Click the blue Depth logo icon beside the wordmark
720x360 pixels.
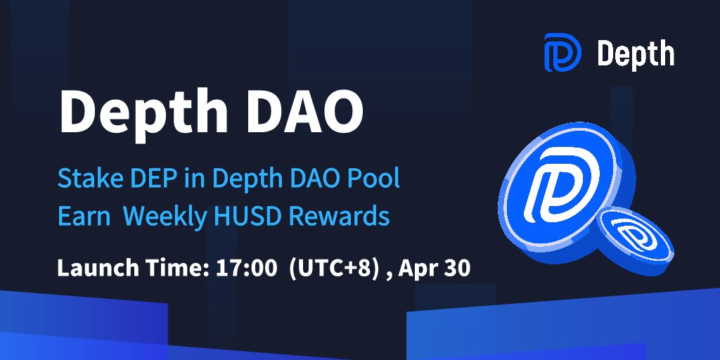pyautogui.click(x=562, y=54)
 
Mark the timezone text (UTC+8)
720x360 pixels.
pyautogui.click(x=328, y=268)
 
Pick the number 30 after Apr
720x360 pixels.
pyautogui.click(x=458, y=268)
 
